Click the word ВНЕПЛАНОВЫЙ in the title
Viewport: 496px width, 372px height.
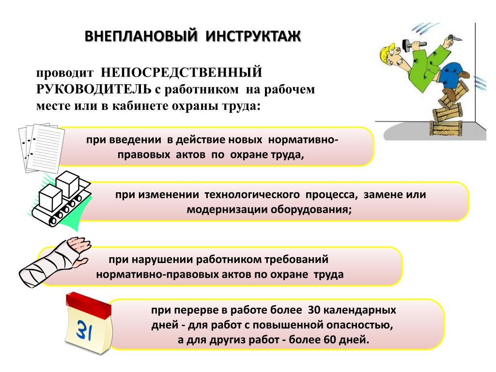coord(141,36)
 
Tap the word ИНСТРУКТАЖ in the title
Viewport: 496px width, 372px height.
coord(253,36)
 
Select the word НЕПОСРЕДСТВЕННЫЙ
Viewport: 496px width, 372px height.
coord(182,73)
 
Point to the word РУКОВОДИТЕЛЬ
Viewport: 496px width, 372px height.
coord(93,89)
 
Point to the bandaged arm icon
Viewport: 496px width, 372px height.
coord(54,263)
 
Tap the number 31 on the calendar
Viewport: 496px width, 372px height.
coord(84,330)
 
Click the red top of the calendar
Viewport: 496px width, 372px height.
coord(89,305)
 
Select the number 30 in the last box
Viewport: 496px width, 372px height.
coord(314,310)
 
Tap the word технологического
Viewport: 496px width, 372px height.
coord(252,195)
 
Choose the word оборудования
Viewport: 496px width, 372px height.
coord(310,210)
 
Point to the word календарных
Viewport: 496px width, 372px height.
coord(360,310)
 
